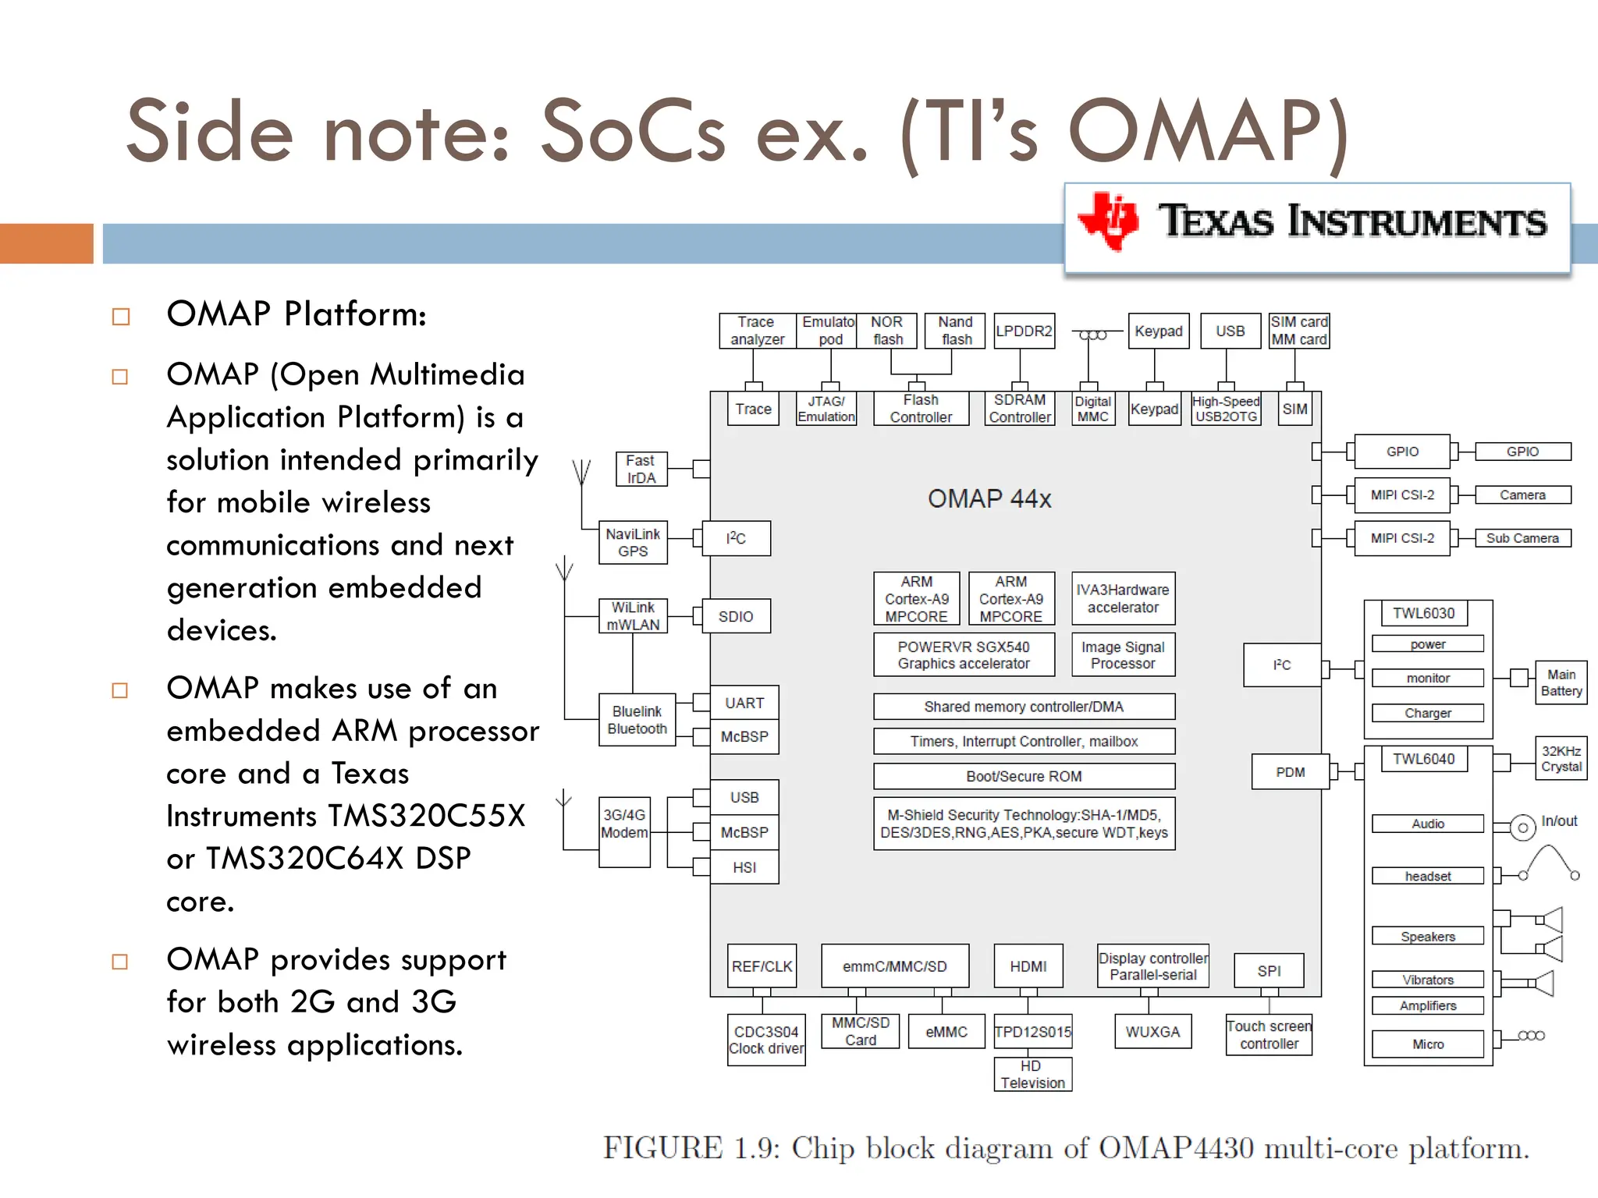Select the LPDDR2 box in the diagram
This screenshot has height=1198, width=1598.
tap(1024, 331)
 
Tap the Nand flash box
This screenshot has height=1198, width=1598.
tap(955, 331)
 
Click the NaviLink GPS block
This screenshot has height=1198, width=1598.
tap(633, 542)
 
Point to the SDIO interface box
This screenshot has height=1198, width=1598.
tap(736, 616)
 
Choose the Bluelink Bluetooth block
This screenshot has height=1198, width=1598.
tap(637, 720)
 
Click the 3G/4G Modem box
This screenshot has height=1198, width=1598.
tap(624, 831)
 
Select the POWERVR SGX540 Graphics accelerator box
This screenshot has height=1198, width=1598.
tap(964, 655)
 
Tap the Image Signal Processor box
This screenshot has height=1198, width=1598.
tap(1123, 655)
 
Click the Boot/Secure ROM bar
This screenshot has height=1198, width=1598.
tap(1024, 776)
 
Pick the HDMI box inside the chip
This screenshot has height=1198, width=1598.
tap(1028, 966)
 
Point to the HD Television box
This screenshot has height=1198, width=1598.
tap(1032, 1075)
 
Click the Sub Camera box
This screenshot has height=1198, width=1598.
tap(1522, 538)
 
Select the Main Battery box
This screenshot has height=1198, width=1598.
tap(1561, 682)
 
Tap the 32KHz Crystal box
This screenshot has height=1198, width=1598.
tap(1561, 759)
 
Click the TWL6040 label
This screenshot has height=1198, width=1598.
tap(1424, 759)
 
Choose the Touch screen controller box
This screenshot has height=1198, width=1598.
tap(1269, 1035)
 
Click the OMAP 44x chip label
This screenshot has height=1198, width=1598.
tap(989, 498)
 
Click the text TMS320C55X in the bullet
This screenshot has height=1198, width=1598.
tap(426, 816)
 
